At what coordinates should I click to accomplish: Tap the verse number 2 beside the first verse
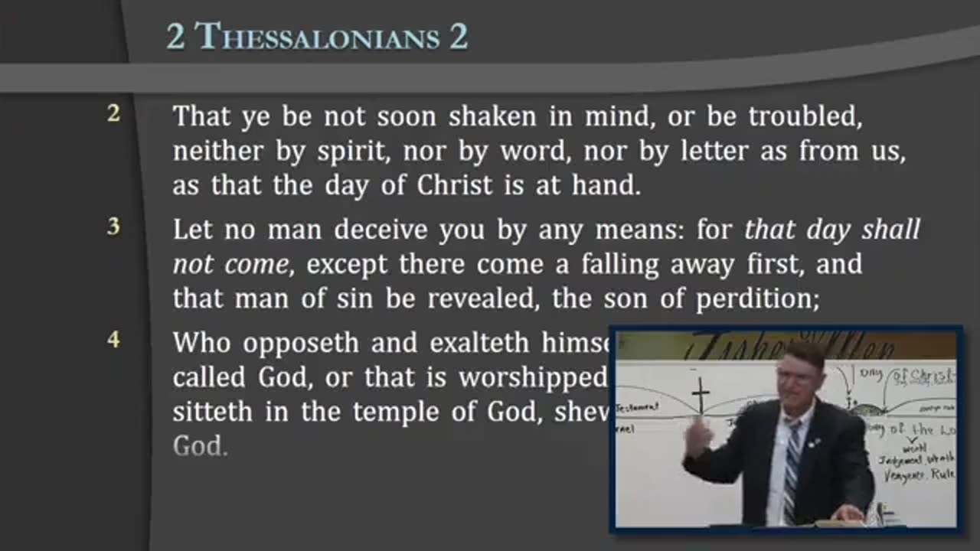pos(113,115)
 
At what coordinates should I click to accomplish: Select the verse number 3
pos(113,227)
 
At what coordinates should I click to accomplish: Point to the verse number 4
pos(113,340)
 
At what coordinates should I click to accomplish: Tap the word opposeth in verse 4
pos(301,343)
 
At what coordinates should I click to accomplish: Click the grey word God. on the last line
pos(200,447)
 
